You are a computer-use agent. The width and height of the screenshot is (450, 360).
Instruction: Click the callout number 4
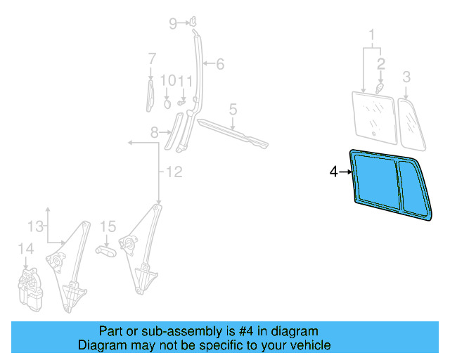point(334,171)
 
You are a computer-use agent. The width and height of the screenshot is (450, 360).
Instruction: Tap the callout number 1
point(372,34)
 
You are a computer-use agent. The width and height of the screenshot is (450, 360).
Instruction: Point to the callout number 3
point(406,76)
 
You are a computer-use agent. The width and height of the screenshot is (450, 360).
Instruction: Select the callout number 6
point(219,65)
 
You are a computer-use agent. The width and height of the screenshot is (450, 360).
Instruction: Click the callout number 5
point(233,109)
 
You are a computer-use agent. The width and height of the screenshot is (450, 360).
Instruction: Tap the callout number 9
point(173,24)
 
